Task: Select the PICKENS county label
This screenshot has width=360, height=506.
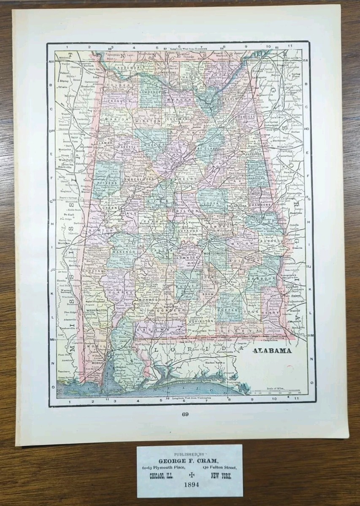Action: tap(104, 184)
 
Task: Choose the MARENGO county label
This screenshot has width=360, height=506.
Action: tap(120, 252)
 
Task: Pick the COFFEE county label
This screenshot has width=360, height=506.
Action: tap(228, 310)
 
